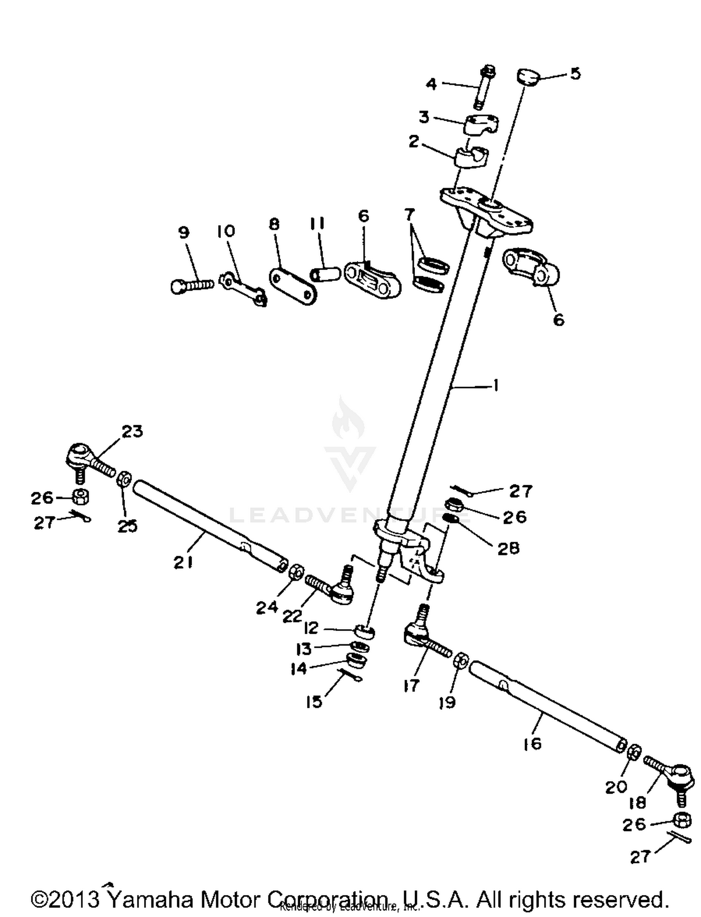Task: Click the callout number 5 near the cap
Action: pos(575,73)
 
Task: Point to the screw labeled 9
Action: pos(191,285)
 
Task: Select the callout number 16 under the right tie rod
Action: pos(532,743)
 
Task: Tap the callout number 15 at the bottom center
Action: pos(314,702)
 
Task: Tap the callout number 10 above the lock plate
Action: pos(226,231)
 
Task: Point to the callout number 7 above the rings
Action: pos(409,215)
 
